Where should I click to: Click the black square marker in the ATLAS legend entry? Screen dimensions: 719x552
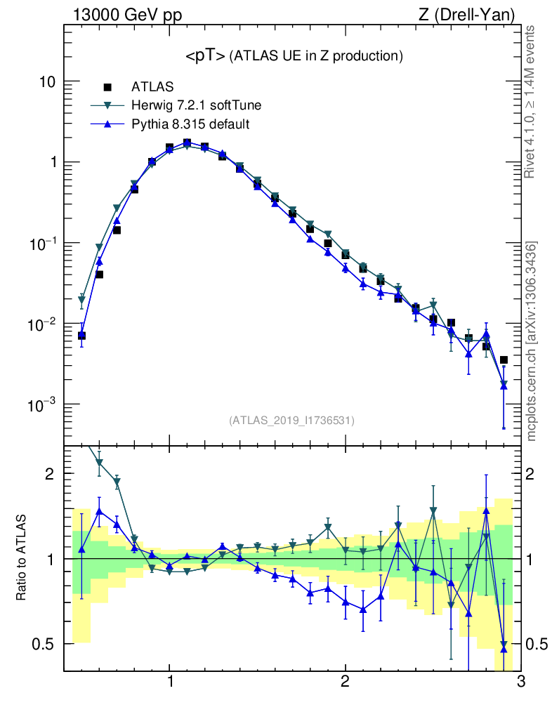pyautogui.click(x=107, y=87)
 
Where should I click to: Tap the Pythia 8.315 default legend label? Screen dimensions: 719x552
pyautogui.click(x=190, y=124)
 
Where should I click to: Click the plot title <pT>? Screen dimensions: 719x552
pyautogui.click(x=205, y=56)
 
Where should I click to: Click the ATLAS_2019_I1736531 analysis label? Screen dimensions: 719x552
pyautogui.click(x=291, y=421)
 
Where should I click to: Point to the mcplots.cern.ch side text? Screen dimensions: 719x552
pyautogui.click(x=532, y=341)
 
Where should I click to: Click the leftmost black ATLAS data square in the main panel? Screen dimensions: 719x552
pyautogui.click(x=81, y=336)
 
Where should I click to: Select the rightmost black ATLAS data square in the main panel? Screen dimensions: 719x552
pyautogui.click(x=504, y=360)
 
